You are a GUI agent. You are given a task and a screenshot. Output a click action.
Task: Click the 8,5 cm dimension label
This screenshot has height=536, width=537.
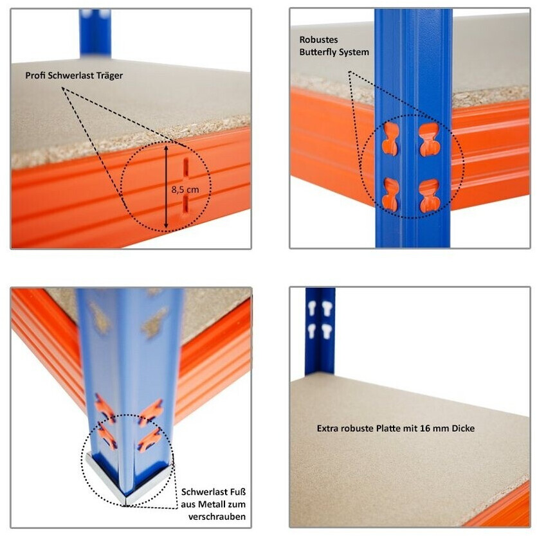click(185, 190)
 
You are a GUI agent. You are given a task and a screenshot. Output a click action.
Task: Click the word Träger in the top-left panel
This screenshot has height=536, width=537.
click(109, 76)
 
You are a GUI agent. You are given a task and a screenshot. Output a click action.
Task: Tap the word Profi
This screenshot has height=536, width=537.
click(35, 75)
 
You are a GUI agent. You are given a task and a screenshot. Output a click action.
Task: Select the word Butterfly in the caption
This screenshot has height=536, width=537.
click(319, 52)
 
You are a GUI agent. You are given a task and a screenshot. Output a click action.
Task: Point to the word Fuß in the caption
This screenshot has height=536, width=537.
click(239, 492)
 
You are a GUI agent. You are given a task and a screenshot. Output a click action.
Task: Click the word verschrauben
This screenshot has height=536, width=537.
click(217, 517)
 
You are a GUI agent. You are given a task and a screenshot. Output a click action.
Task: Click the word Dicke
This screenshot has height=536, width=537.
click(464, 428)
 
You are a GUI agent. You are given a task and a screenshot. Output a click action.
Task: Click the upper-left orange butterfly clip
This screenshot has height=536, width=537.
click(390, 139)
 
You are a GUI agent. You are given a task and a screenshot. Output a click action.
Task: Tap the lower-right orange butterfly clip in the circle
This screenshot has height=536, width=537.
click(430, 195)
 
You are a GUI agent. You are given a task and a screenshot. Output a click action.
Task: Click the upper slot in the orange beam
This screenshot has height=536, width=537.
click(186, 167)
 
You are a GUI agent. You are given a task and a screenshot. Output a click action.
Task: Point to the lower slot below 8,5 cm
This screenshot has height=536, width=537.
click(185, 206)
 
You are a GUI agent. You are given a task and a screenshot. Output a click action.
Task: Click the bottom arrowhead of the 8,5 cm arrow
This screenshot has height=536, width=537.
click(166, 225)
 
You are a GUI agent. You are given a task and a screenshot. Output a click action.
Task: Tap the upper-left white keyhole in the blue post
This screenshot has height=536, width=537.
click(312, 308)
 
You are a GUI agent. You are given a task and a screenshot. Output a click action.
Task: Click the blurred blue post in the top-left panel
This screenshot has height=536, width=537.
click(95, 33)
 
